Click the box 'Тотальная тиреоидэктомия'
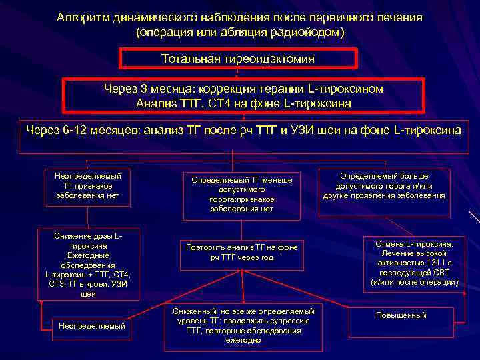[238, 59]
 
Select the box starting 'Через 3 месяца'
[243, 96]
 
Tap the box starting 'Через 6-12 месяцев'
[243, 131]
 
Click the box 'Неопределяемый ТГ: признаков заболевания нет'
[87, 185]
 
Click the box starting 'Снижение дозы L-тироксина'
[87, 264]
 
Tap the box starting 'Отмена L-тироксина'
[414, 263]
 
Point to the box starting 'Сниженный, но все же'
[242, 325]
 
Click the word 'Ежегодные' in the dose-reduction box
[87, 255]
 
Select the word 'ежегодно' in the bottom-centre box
[243, 340]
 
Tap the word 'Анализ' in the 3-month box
[154, 103]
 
